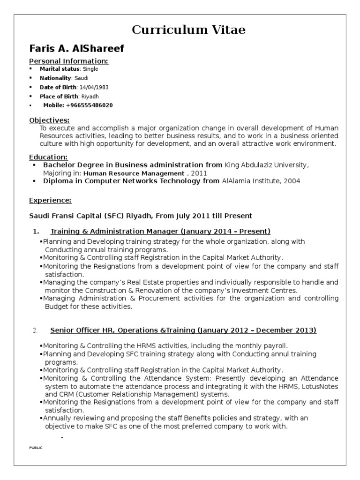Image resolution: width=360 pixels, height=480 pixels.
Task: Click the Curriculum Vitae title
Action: pos(188,30)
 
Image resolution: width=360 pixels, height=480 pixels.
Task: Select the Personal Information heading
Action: pos(69,61)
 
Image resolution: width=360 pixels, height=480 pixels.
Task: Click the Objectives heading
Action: pos(49,120)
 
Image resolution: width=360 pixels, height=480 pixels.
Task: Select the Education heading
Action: pos(48,157)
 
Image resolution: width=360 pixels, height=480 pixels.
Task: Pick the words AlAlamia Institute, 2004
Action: pos(261,180)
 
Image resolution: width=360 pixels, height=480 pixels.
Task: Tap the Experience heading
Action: pos(50,200)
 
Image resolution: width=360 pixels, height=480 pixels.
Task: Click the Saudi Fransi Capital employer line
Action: pos(141,216)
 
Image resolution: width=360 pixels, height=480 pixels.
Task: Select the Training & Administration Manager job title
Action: pos(160,231)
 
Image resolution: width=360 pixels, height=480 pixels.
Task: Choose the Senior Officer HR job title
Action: pos(183,330)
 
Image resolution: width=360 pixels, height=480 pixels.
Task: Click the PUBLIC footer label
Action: pos(36,448)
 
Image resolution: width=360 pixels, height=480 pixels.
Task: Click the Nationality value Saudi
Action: pos(81,78)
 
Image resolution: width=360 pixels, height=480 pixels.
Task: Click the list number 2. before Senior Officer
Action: pos(35,331)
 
